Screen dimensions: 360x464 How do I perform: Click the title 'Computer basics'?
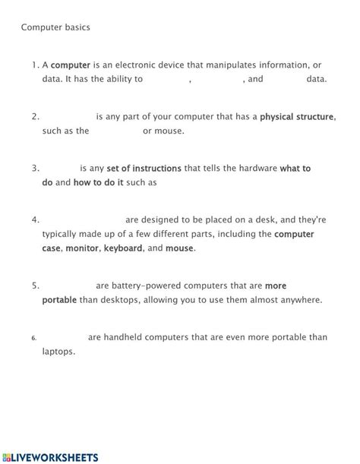click(x=55, y=28)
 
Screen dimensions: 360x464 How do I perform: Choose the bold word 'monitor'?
click(x=82, y=248)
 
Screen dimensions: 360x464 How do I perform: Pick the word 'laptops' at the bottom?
click(x=58, y=352)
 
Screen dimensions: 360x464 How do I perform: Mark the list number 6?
click(x=35, y=339)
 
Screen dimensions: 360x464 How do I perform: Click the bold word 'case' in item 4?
click(x=51, y=248)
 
